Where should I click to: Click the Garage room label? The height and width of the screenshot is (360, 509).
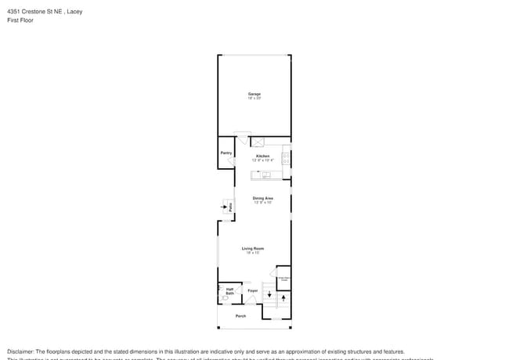(x=254, y=94)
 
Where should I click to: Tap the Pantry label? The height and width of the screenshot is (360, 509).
(x=226, y=153)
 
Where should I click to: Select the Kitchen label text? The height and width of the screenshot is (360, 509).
(x=262, y=156)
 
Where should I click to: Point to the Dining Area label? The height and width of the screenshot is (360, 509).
(x=262, y=198)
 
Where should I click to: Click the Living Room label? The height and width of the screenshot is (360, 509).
(x=252, y=248)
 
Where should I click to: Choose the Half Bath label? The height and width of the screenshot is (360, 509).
(x=229, y=290)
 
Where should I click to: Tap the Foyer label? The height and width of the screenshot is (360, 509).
(x=252, y=290)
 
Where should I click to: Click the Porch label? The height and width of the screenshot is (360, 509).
(x=240, y=315)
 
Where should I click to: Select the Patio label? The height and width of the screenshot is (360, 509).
(x=230, y=207)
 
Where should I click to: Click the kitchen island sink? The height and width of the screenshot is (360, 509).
(x=265, y=175)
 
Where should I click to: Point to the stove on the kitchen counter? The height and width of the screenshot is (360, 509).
(x=287, y=157)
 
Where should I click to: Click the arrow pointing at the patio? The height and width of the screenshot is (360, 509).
(x=222, y=207)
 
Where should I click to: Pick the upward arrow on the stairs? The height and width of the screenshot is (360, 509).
(x=283, y=297)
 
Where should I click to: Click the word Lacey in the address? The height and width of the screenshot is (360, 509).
(x=74, y=12)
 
